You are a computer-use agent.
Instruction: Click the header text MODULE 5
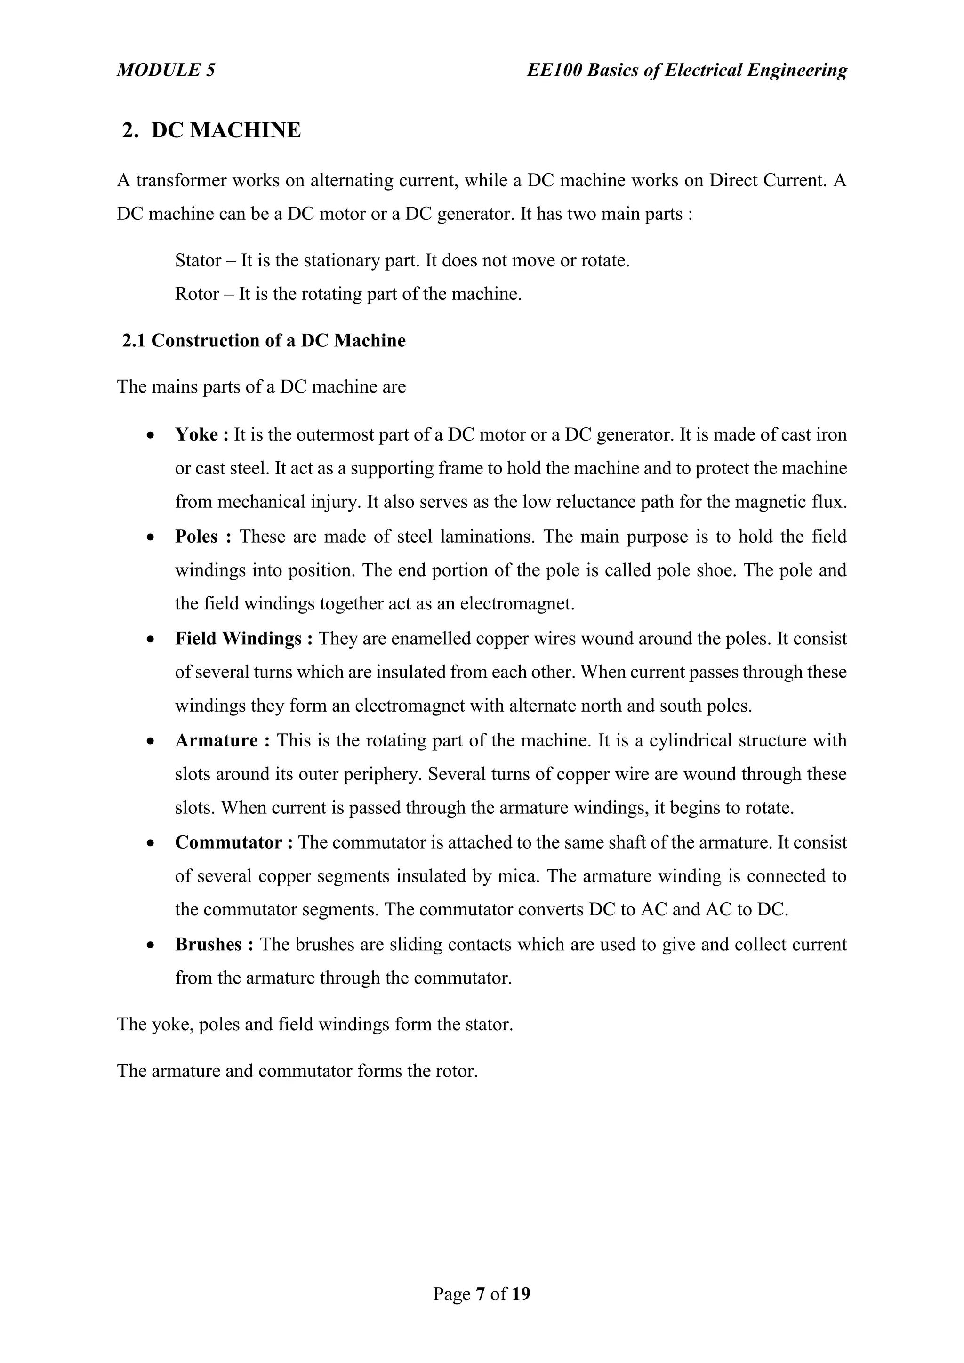pos(166,70)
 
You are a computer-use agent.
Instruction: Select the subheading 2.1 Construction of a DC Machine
pos(264,341)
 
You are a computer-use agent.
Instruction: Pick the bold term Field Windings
pos(238,639)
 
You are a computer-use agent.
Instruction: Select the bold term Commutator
pos(229,842)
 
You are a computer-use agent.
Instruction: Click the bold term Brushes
pos(209,945)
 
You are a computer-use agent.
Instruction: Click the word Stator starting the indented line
pos(198,261)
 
